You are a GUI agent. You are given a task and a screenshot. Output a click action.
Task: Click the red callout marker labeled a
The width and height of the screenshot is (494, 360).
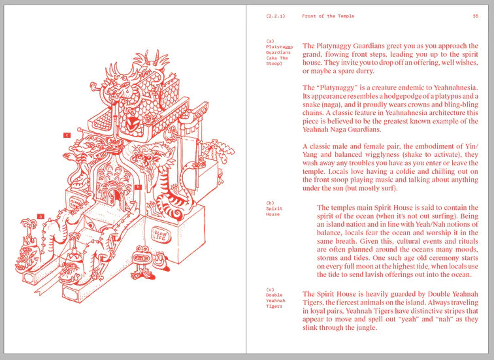tap(41, 216)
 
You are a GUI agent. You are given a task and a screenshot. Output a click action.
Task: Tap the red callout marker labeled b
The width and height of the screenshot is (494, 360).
tap(138, 188)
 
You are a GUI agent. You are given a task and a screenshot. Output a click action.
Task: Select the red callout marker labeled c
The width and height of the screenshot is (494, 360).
tap(67, 135)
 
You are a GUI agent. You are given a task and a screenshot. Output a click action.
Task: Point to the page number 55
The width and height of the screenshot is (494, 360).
tap(476, 16)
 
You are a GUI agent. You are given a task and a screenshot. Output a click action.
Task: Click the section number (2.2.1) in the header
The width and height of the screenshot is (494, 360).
tap(275, 16)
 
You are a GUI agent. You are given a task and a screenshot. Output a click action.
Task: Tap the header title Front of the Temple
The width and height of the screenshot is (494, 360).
tap(328, 16)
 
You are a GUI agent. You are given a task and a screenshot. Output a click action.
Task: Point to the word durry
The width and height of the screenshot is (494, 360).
tap(365, 71)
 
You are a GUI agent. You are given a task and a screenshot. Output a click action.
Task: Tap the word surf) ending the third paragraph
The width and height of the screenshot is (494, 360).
tap(389, 188)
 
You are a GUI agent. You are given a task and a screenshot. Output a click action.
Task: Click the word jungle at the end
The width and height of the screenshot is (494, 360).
tap(367, 328)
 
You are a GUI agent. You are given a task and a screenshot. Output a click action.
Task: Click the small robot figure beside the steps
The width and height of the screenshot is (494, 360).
tap(142, 262)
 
